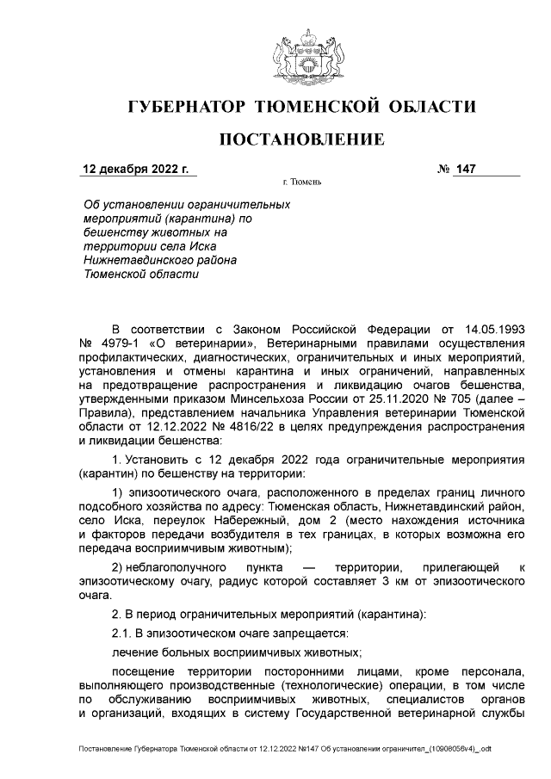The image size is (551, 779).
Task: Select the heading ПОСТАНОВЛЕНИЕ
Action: click(x=299, y=139)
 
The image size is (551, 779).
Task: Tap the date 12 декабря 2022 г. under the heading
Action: click(x=134, y=169)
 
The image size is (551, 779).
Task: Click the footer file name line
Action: click(x=284, y=750)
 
